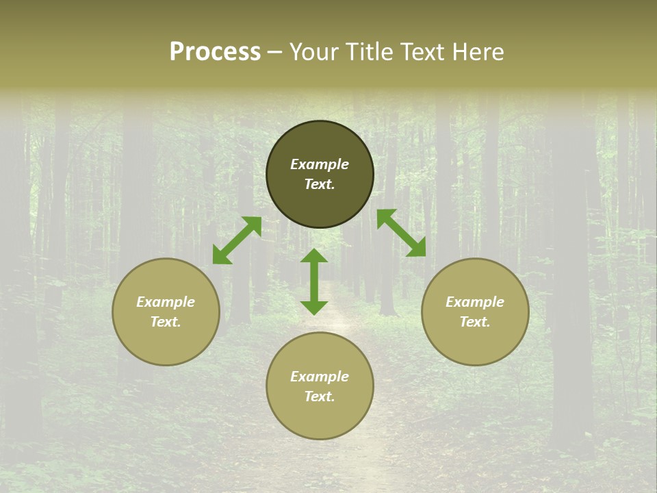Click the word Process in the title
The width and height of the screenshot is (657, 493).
[215, 52]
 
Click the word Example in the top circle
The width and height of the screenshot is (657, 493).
[320, 164]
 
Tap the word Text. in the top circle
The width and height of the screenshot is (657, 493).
[320, 184]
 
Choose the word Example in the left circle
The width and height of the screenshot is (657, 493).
[166, 302]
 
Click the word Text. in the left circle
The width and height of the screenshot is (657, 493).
[166, 322]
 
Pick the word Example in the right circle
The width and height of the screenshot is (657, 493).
[475, 302]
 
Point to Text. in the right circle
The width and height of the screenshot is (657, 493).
[475, 322]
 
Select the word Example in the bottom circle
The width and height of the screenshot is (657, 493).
[320, 377]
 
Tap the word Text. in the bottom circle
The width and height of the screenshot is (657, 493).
[320, 396]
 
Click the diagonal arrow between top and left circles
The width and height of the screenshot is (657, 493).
[237, 240]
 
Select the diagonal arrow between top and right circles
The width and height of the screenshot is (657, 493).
[401, 233]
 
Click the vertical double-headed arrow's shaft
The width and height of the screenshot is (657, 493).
[314, 282]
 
